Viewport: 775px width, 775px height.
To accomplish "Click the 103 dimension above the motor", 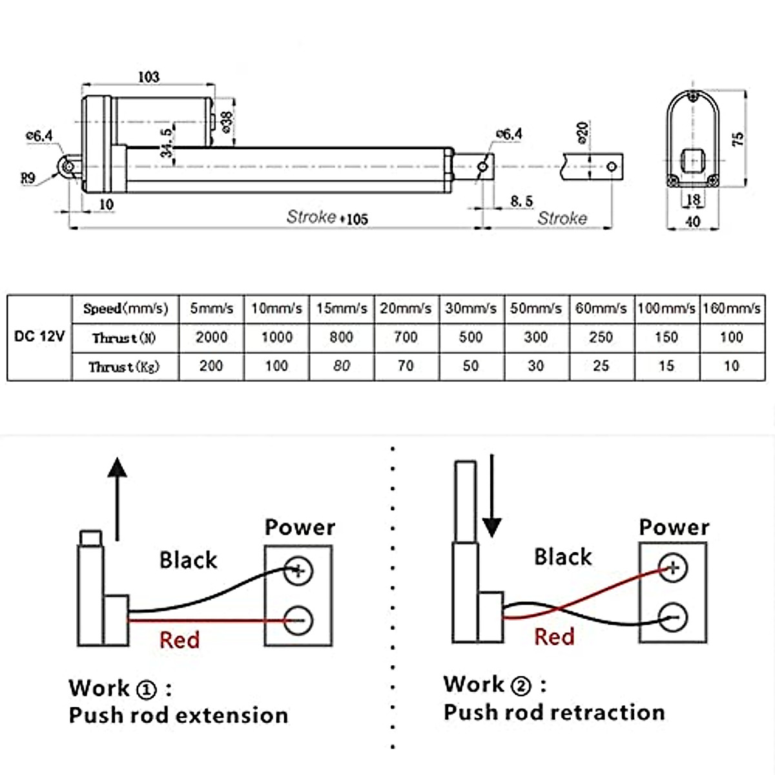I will (x=149, y=77).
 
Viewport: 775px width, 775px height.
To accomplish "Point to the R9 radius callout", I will (x=28, y=178).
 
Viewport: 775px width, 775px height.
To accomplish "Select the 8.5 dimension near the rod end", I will (x=521, y=201).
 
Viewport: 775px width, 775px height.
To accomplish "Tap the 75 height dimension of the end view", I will (x=738, y=138).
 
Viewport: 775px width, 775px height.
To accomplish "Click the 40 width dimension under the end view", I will (x=692, y=222).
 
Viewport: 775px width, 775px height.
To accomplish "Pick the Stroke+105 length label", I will (x=327, y=218).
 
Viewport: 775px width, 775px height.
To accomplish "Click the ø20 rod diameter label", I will (x=582, y=132).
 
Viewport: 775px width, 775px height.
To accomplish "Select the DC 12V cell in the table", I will (x=39, y=337).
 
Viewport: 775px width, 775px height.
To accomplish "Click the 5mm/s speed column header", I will (x=211, y=309).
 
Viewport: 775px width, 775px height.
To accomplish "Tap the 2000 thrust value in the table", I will (x=211, y=337).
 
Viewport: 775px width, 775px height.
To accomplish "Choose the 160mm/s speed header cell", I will (x=731, y=309).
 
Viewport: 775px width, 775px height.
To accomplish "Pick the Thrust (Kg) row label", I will (x=124, y=367).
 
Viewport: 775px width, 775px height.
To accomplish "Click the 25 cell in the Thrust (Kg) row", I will (x=601, y=366).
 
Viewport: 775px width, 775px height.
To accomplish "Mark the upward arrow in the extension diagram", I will (x=117, y=497).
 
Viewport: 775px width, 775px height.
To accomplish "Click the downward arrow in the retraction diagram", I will (x=492, y=497).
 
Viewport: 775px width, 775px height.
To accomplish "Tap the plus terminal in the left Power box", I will (x=298, y=571).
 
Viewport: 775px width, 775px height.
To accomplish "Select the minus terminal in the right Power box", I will (x=673, y=617).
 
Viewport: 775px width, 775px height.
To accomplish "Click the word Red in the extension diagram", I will (x=180, y=640).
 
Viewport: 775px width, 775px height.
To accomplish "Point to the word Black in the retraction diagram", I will (x=563, y=557).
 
